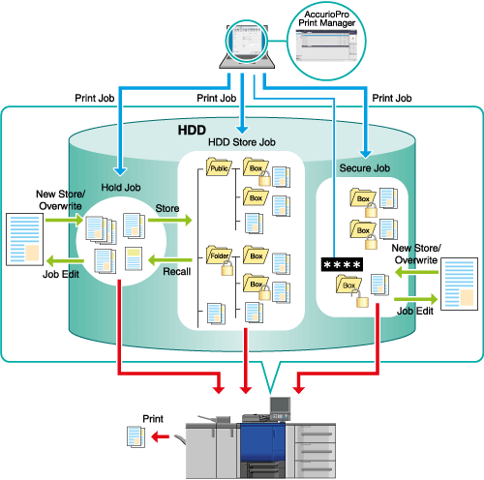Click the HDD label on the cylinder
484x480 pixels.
pyautogui.click(x=192, y=130)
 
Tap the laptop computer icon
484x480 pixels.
pyautogui.click(x=247, y=46)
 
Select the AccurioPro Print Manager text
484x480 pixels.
pyautogui.click(x=326, y=18)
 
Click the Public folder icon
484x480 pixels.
pyautogui.click(x=219, y=166)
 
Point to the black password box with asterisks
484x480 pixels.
pyautogui.click(x=342, y=264)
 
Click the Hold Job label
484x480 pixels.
pyautogui.click(x=121, y=188)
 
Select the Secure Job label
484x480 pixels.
pyautogui.click(x=365, y=168)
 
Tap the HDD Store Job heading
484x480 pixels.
pyautogui.click(x=242, y=142)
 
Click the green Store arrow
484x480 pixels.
pyautogui.click(x=170, y=221)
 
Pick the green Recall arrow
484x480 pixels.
pyautogui.click(x=170, y=260)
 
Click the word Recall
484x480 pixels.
pyautogui.click(x=176, y=272)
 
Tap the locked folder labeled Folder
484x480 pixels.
pyautogui.click(x=220, y=259)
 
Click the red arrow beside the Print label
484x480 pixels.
pyautogui.click(x=161, y=437)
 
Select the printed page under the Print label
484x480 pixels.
pyautogui.click(x=136, y=436)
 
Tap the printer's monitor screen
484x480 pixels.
pyautogui.click(x=280, y=405)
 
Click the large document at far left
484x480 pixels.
pyautogui.click(x=25, y=239)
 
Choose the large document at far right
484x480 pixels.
pyautogui.click(x=459, y=284)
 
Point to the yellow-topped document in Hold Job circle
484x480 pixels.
pyautogui.click(x=134, y=258)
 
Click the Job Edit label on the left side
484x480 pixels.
pyautogui.click(x=61, y=274)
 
